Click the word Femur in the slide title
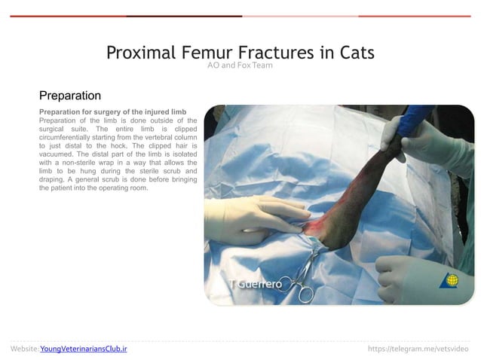coord(207,53)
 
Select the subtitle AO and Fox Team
coord(240,66)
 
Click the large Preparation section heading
coord(70,96)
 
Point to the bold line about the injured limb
coord(112,111)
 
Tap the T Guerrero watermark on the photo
coord(256,284)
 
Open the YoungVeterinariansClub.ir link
coord(83,349)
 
